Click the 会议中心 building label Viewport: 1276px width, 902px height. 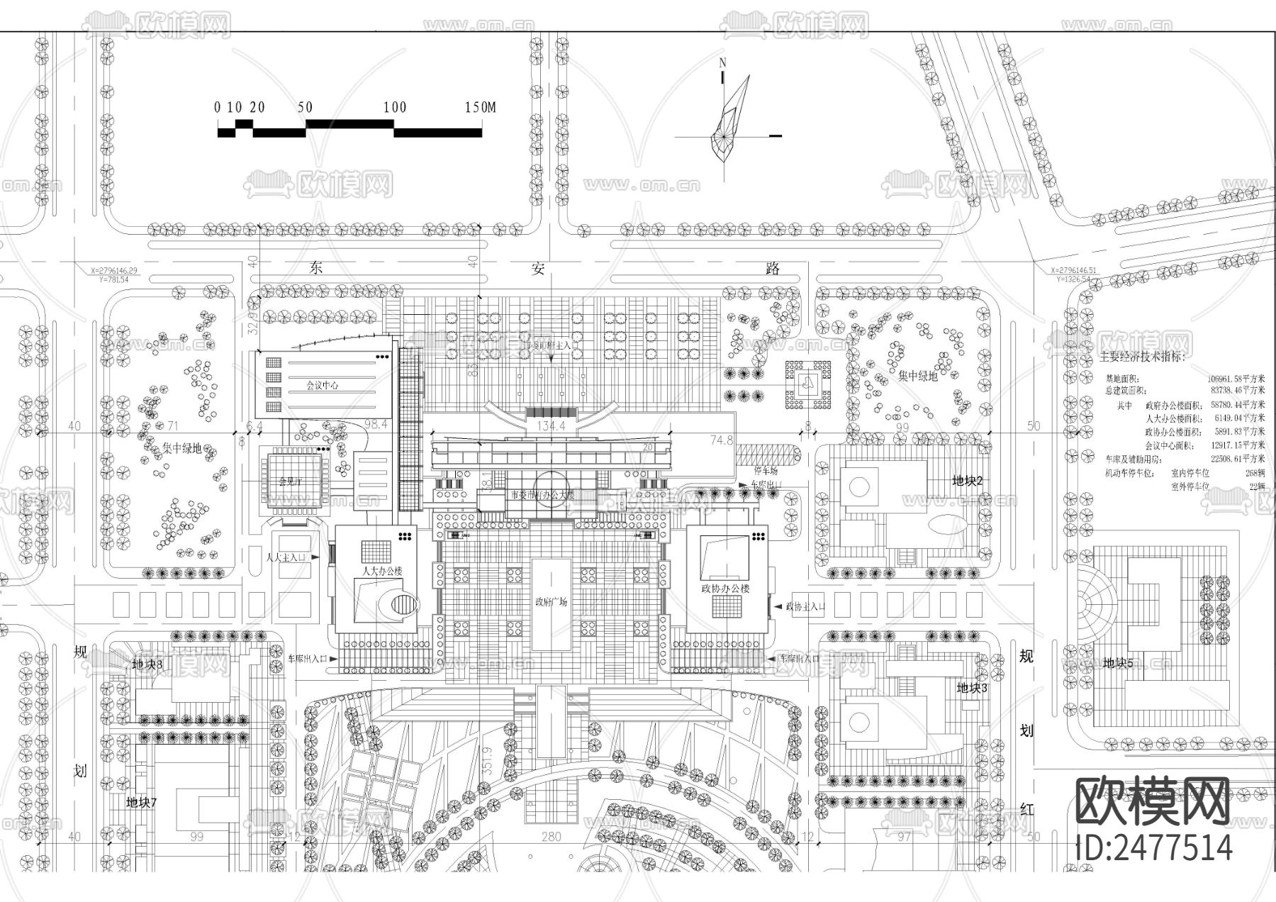point(322,386)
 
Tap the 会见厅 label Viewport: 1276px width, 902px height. point(290,481)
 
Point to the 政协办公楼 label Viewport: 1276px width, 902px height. point(725,589)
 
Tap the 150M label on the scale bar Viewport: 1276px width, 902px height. point(480,108)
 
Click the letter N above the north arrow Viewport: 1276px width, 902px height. point(723,62)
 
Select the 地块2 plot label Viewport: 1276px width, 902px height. point(968,481)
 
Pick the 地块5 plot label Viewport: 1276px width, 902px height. point(1119,663)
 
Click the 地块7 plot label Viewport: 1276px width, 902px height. point(141,803)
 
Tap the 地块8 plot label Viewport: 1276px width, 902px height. point(147,664)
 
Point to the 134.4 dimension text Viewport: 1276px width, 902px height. point(552,426)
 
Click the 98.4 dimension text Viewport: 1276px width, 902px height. point(376,424)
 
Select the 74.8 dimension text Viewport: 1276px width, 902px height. point(721,440)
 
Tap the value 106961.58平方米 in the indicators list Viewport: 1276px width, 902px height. point(1236,379)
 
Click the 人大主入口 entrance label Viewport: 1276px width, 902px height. point(286,558)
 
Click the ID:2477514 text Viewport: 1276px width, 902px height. point(1153,847)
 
